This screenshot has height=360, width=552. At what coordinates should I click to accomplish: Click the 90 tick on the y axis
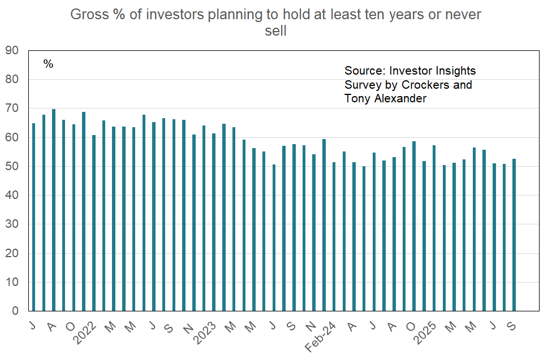click(12, 50)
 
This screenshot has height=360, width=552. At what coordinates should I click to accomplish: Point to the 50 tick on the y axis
click(12, 166)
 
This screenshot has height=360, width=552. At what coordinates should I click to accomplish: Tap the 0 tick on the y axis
click(16, 311)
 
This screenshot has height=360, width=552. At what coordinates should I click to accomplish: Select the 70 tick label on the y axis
click(12, 108)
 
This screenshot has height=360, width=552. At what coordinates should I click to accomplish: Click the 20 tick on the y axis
click(12, 253)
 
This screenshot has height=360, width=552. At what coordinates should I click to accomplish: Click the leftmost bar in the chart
click(33, 217)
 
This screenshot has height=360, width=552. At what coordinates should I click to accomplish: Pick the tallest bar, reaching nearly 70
click(54, 210)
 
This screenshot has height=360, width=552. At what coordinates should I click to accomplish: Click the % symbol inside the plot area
click(48, 64)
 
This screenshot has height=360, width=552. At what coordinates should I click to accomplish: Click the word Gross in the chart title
click(87, 14)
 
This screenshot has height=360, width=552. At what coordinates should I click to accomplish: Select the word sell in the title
click(276, 31)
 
